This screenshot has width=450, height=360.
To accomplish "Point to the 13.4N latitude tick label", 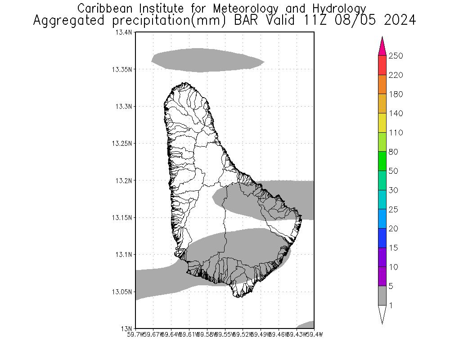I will coord(123,32).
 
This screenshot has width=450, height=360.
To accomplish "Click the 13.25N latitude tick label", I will coord(122,144).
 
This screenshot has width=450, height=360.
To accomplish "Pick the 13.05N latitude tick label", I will coord(122,292).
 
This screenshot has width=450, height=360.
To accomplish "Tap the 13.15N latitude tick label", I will coord(122,217).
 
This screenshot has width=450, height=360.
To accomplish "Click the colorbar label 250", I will coord(396,56).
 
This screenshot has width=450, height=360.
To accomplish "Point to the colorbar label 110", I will coord(396,133).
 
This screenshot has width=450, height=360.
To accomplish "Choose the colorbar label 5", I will coord(391,286).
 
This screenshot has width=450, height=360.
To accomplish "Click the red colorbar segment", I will coord(382,65).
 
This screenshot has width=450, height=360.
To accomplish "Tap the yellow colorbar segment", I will coord(382,123).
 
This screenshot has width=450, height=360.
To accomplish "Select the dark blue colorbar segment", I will coord(382,238).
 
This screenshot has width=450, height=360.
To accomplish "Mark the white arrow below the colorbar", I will coord(382,314).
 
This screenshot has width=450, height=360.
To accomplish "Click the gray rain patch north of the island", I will coord(207,60).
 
